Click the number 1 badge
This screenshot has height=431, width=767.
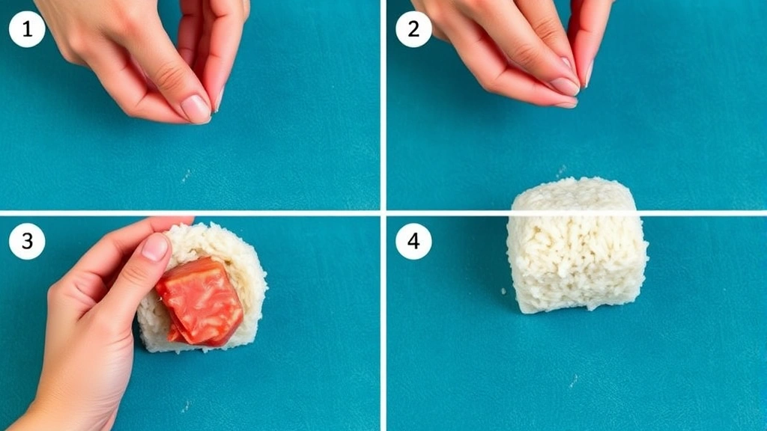pos(27,30)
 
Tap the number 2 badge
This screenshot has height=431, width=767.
pos(413,30)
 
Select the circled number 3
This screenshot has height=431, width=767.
pos(27,242)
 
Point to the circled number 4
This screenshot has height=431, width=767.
pos(413,242)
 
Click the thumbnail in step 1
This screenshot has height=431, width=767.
pos(195,108)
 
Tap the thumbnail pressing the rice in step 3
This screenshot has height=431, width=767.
pos(155,246)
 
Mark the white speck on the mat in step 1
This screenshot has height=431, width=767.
pos(185,176)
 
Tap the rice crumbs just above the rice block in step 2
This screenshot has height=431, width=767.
pos(560,174)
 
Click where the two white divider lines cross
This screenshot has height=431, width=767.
pos(383,213)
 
